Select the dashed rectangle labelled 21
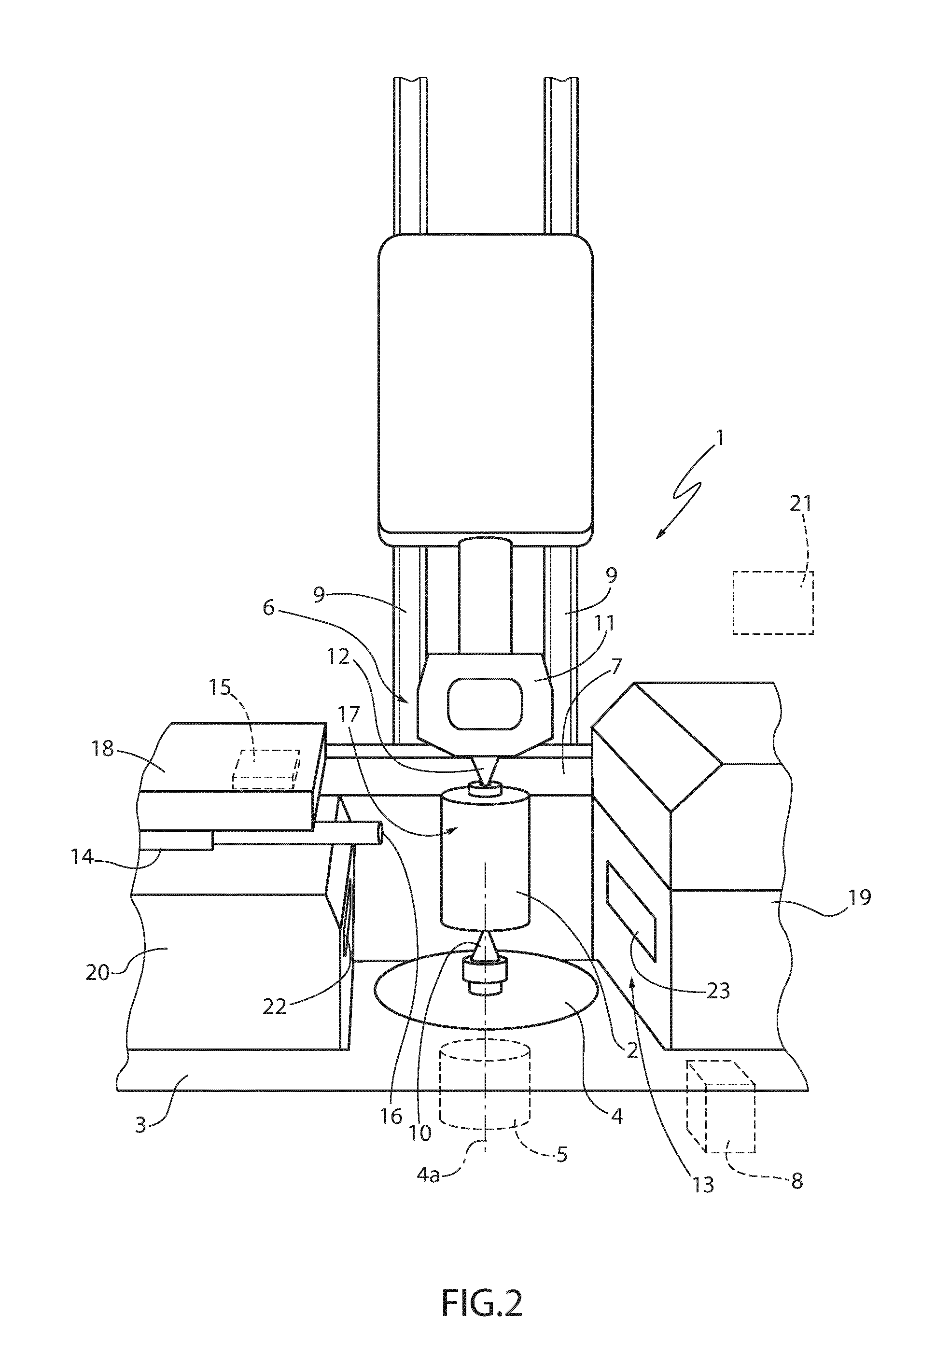point(773,602)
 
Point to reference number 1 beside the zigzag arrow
point(720,439)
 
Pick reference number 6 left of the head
point(269,608)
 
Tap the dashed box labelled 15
point(265,769)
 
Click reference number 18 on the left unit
point(103,748)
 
